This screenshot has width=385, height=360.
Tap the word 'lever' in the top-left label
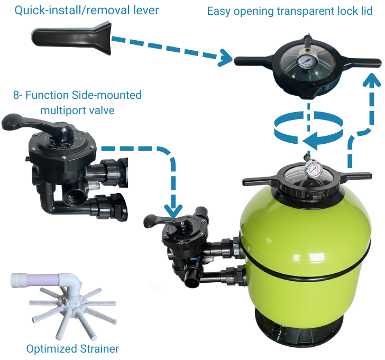click(x=145, y=11)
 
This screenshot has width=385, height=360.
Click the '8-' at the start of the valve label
click(x=19, y=95)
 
